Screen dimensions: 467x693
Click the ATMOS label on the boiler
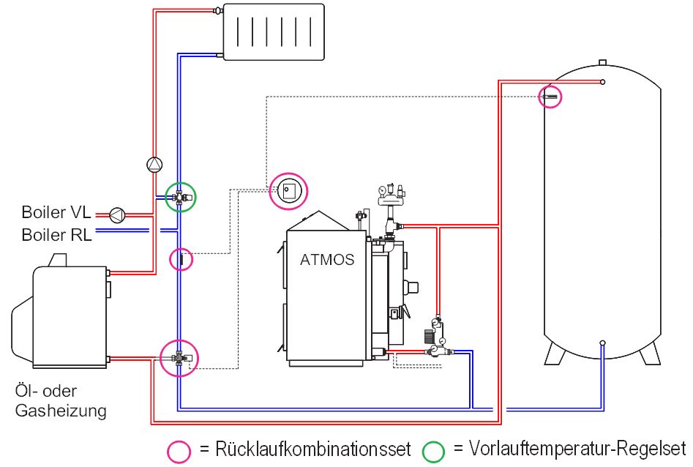pos(327,260)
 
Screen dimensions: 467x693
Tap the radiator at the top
pos(273,31)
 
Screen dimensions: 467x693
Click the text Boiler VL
pos(56,214)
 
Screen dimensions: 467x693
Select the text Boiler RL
pos(56,234)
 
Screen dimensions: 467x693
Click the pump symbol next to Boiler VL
pos(117,214)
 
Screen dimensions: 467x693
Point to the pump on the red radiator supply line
pos(154,165)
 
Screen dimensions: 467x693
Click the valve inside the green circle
pos(179,196)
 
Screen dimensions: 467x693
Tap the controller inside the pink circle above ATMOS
pos(288,192)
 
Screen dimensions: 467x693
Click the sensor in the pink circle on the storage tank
pos(550,96)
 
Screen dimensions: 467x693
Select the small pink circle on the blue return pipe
pos(181,259)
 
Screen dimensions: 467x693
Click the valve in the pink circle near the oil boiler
pos(179,358)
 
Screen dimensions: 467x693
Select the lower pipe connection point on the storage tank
pos(602,343)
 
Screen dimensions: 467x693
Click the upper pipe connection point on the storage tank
pos(602,82)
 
